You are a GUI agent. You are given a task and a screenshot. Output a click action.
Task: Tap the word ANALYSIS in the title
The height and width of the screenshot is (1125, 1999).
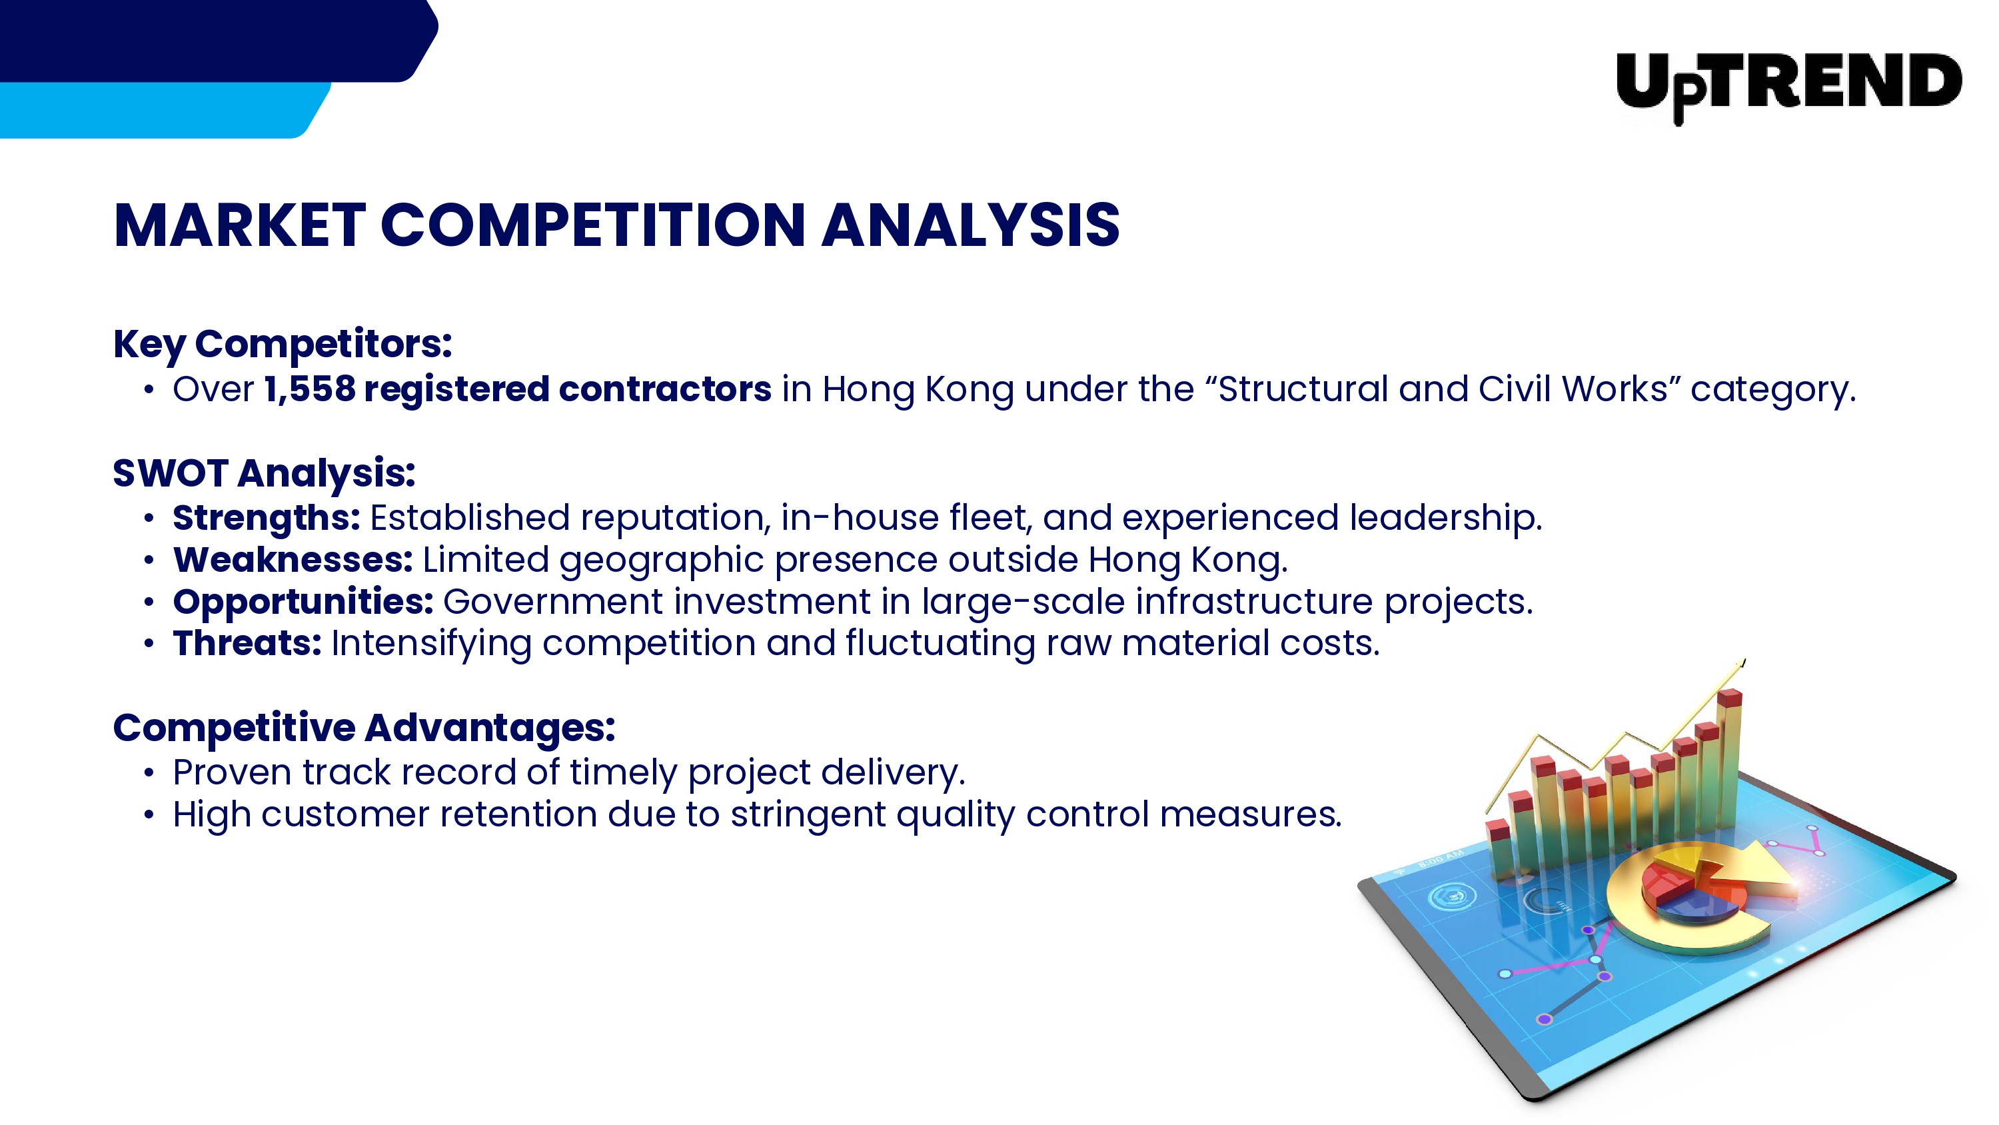tap(971, 225)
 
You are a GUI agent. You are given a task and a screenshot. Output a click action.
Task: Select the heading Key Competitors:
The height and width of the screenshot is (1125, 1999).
tap(283, 344)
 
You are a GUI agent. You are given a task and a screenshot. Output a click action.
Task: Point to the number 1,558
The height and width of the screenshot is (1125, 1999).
tap(310, 389)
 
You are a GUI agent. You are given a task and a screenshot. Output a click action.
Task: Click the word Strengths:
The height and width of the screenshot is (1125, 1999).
tap(266, 519)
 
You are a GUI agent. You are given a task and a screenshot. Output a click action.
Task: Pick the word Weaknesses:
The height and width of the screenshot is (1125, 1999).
tap(293, 560)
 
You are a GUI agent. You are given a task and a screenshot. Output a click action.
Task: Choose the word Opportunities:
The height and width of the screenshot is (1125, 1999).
tap(303, 602)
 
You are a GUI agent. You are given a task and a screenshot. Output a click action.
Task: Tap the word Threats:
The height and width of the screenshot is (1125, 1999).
tap(247, 644)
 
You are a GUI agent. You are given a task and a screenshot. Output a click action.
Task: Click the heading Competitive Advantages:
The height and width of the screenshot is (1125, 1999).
tap(364, 729)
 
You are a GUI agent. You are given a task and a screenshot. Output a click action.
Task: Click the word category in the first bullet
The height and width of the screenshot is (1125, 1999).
tap(1773, 390)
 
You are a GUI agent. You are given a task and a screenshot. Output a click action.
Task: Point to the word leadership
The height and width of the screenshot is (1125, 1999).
tap(1445, 518)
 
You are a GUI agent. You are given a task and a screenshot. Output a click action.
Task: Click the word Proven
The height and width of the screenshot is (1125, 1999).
tap(232, 773)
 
